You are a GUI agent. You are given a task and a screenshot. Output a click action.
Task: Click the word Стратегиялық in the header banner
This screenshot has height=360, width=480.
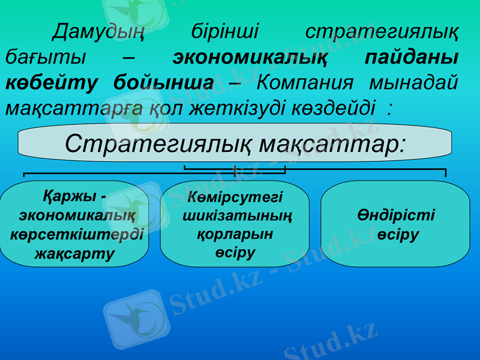(160, 144)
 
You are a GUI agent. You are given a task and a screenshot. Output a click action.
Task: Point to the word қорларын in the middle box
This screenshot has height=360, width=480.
(235, 234)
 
